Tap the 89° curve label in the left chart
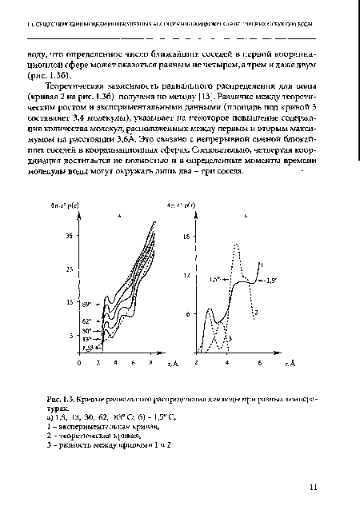coord(90,303)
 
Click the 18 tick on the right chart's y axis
coord(186,237)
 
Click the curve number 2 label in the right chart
coord(256,313)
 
